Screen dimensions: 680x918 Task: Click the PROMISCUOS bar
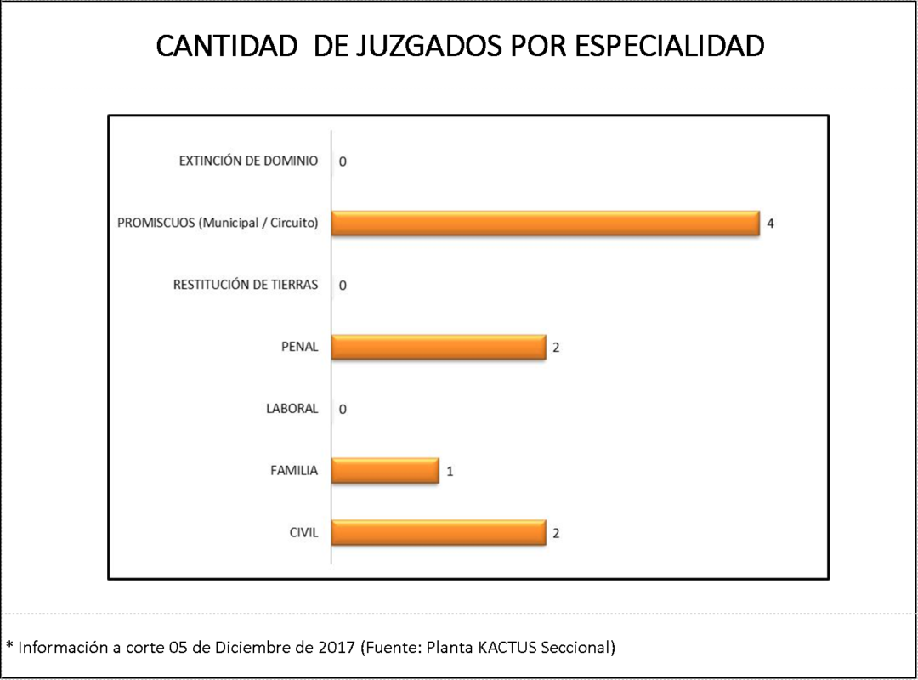[x=544, y=224]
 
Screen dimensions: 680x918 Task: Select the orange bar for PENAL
[x=438, y=347]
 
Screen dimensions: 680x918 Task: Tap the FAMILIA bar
[x=384, y=470]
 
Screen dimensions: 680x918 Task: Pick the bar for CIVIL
[x=438, y=533]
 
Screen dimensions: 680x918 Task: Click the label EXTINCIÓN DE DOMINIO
[x=248, y=161]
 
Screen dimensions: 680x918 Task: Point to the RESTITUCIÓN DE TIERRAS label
[x=246, y=285]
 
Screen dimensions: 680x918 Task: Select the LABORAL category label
[x=292, y=409]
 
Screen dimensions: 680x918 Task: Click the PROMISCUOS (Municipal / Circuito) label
[x=218, y=224]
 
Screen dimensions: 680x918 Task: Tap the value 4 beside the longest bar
[x=770, y=224]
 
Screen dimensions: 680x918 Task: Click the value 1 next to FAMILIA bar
[x=450, y=471]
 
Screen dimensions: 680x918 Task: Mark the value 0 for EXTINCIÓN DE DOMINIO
[x=343, y=161]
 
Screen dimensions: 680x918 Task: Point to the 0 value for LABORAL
[x=343, y=410]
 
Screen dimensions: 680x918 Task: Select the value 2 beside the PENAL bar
[x=556, y=348]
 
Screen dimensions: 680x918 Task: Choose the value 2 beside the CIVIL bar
[x=556, y=534]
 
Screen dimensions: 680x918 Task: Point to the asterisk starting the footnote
[x=9, y=645]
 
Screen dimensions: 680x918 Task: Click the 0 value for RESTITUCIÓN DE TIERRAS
[x=343, y=286]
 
